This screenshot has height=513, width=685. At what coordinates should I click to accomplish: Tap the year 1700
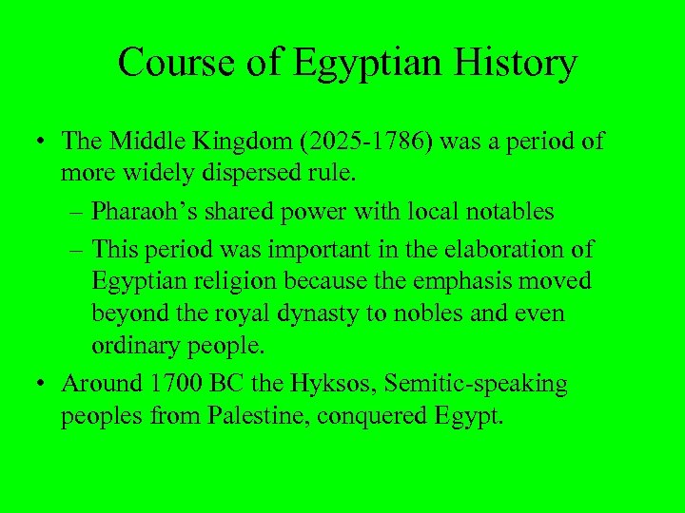pos(174,385)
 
